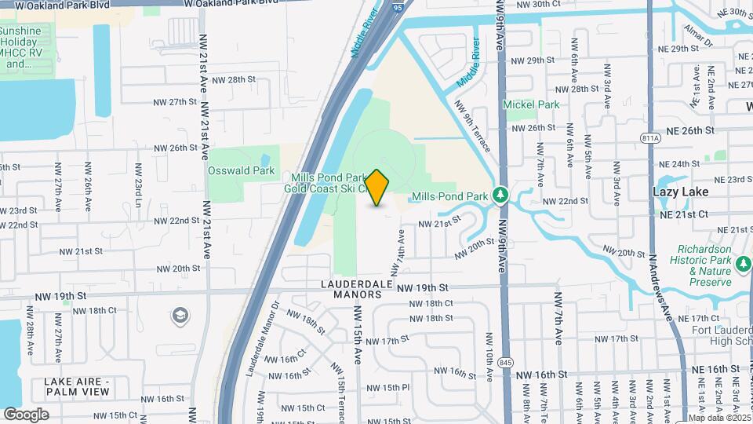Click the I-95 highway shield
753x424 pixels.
398,7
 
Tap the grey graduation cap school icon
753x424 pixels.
180,316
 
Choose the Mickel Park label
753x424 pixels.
531,104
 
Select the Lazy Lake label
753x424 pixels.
680,192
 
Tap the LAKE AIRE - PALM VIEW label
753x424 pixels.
81,386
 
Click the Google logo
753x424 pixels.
26,414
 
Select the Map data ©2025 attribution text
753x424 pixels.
719,418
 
